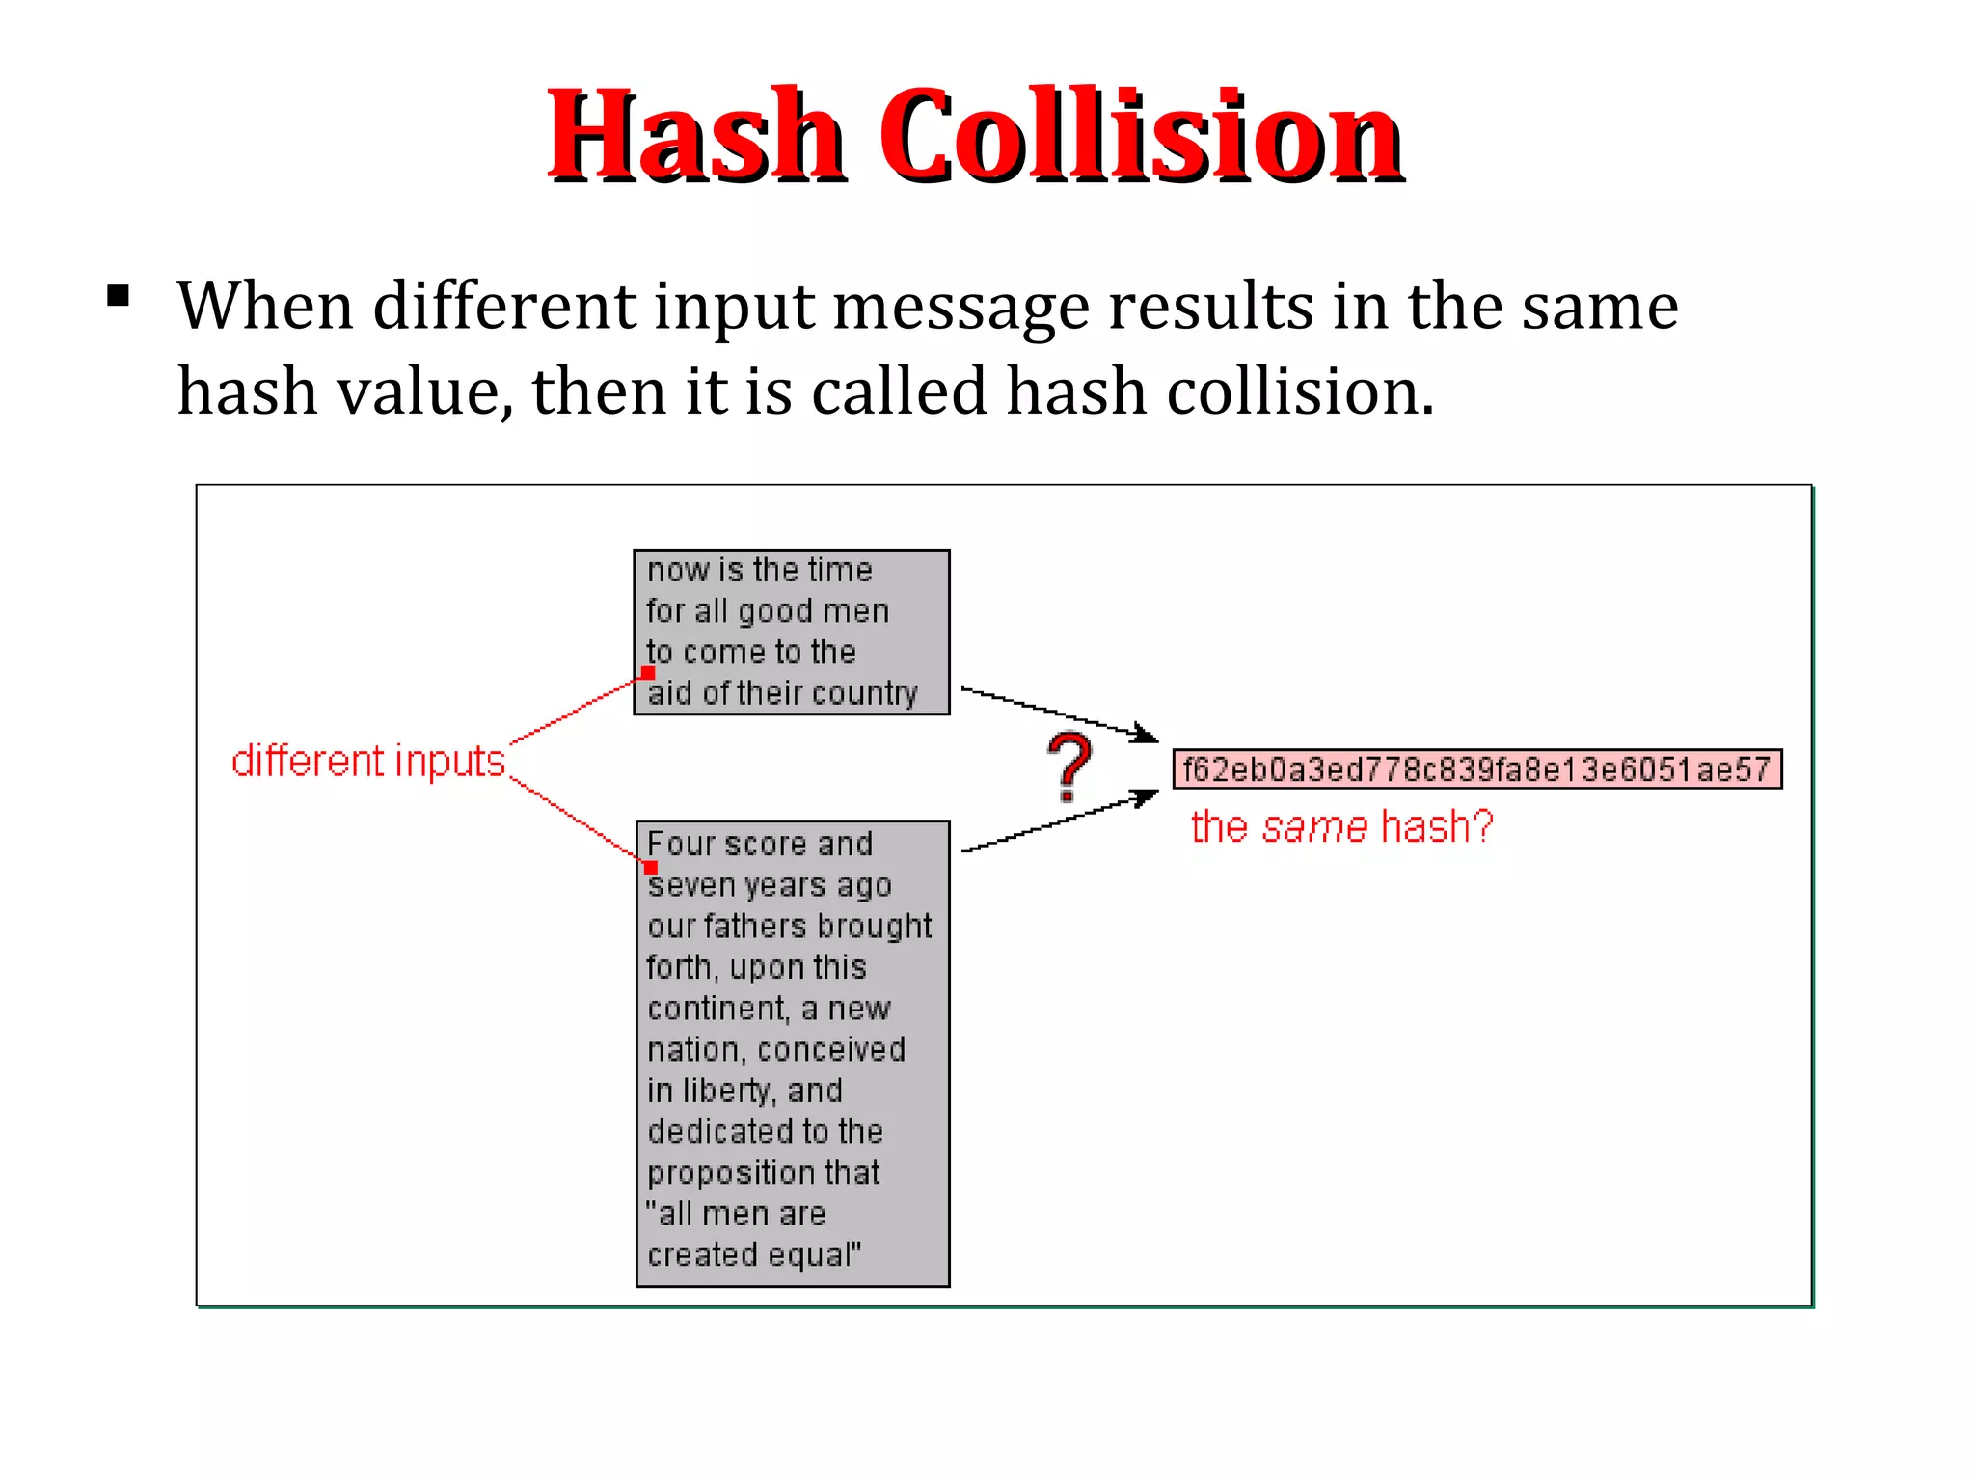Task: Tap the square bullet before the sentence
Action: (x=119, y=296)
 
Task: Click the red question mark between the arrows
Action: (x=1069, y=767)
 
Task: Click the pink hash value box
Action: (x=1476, y=769)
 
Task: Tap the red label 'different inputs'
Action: (x=368, y=762)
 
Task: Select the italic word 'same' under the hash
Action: (x=1314, y=827)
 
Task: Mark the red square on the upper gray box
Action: (x=648, y=673)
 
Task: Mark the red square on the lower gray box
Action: (x=651, y=867)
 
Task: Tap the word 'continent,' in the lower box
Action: (x=717, y=1009)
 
